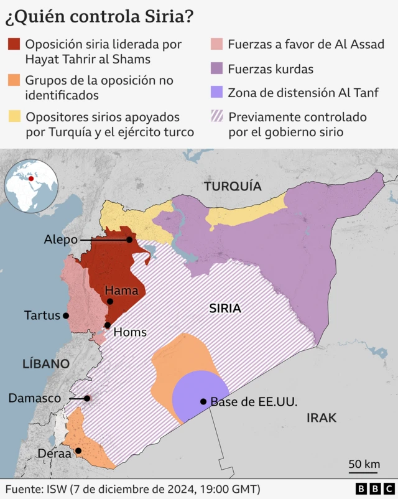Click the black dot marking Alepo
point(129,240)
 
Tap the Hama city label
point(117,291)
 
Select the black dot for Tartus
point(66,315)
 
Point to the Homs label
point(131,332)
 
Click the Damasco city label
point(34,398)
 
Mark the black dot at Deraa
point(78,451)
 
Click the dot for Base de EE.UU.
point(203,401)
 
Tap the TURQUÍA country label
point(233,186)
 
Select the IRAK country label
point(321,417)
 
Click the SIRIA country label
point(225,308)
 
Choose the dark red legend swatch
point(14,44)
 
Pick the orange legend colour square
point(14,80)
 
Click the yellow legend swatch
point(14,116)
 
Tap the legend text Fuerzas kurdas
point(271,69)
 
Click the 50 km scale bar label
point(364,464)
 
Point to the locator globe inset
point(32,185)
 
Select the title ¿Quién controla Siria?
point(99,17)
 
